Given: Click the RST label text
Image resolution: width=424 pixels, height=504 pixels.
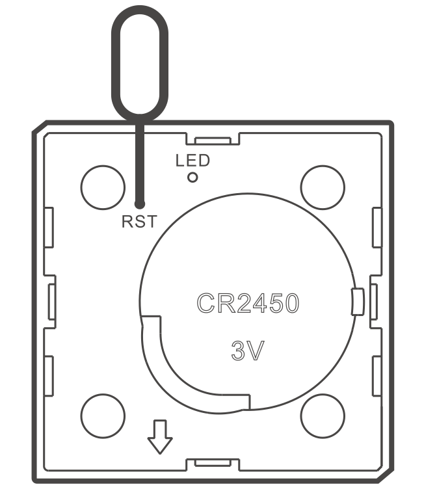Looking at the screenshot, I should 139,222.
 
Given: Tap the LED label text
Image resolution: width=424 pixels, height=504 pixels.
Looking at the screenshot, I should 192,161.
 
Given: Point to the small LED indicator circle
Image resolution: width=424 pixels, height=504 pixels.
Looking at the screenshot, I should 192,177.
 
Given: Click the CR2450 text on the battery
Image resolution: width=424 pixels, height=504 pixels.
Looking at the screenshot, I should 248,303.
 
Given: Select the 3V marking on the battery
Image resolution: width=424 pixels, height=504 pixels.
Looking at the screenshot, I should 248,351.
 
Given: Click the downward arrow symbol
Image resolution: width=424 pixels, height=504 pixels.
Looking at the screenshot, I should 160,436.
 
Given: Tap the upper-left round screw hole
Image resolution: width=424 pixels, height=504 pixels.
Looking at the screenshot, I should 102,186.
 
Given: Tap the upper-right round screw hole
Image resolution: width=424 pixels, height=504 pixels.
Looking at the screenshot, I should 323,186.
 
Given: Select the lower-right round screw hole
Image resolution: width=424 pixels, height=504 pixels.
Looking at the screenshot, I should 323,415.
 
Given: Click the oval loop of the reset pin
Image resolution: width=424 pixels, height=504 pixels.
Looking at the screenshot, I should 140,62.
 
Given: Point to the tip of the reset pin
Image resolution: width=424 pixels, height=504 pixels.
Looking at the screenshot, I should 139,203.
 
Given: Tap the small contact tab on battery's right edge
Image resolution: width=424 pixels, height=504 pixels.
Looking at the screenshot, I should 356,302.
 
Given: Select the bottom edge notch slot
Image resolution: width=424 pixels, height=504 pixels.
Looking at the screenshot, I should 213,463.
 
